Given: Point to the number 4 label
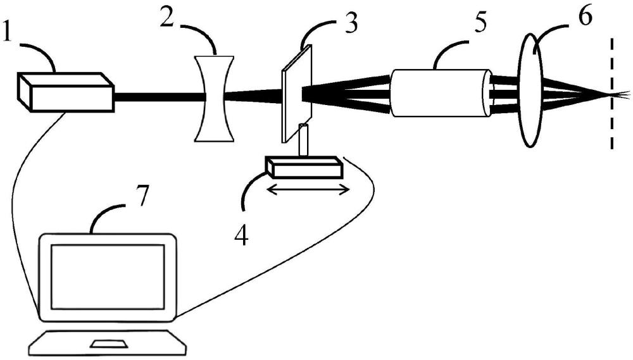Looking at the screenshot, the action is point(241,235).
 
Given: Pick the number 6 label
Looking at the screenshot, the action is point(584,16).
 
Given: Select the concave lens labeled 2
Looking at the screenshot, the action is point(215,98).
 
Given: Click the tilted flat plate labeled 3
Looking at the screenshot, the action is point(297,94).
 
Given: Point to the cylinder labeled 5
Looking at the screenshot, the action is point(441,93).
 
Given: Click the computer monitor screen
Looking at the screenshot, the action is point(108,277).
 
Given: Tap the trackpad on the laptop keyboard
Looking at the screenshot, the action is point(108,344).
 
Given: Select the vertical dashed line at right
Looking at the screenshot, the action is point(612,94).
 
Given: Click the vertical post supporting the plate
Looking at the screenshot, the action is point(303,140).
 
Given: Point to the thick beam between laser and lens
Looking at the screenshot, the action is point(160,97).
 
